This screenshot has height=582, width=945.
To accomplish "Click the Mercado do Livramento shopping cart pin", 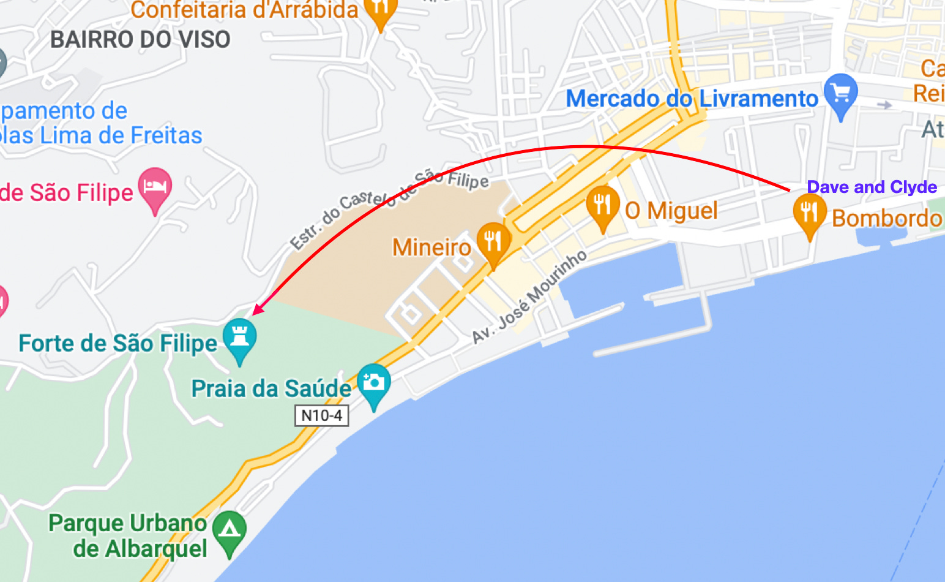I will (x=840, y=93).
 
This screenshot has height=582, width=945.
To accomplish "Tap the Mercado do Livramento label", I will (x=692, y=99).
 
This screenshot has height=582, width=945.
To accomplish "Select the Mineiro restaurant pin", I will (x=493, y=241).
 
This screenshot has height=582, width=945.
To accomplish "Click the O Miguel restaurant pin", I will (x=602, y=205).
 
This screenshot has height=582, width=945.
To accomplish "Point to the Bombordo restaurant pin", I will (x=809, y=212).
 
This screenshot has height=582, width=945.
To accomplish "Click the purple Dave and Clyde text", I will (x=872, y=187).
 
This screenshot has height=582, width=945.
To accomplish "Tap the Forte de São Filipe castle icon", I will (x=239, y=336).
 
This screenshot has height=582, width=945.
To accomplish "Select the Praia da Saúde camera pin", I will (x=373, y=382).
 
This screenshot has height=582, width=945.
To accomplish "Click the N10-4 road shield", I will (x=322, y=415).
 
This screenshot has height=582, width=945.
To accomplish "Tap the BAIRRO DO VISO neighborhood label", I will (x=140, y=40).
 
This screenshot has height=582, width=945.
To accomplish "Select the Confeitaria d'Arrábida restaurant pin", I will (x=381, y=9).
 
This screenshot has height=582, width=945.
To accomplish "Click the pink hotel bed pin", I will (x=155, y=186).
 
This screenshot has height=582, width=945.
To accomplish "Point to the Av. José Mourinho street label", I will (x=529, y=297).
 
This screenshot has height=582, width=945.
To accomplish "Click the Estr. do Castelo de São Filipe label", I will (x=389, y=208).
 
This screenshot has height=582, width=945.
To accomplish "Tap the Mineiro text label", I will (x=431, y=248).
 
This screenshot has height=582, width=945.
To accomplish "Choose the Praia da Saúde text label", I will (x=271, y=389).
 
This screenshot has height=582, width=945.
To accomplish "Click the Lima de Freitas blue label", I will (x=101, y=135).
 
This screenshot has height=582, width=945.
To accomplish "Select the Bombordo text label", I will (x=886, y=218).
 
